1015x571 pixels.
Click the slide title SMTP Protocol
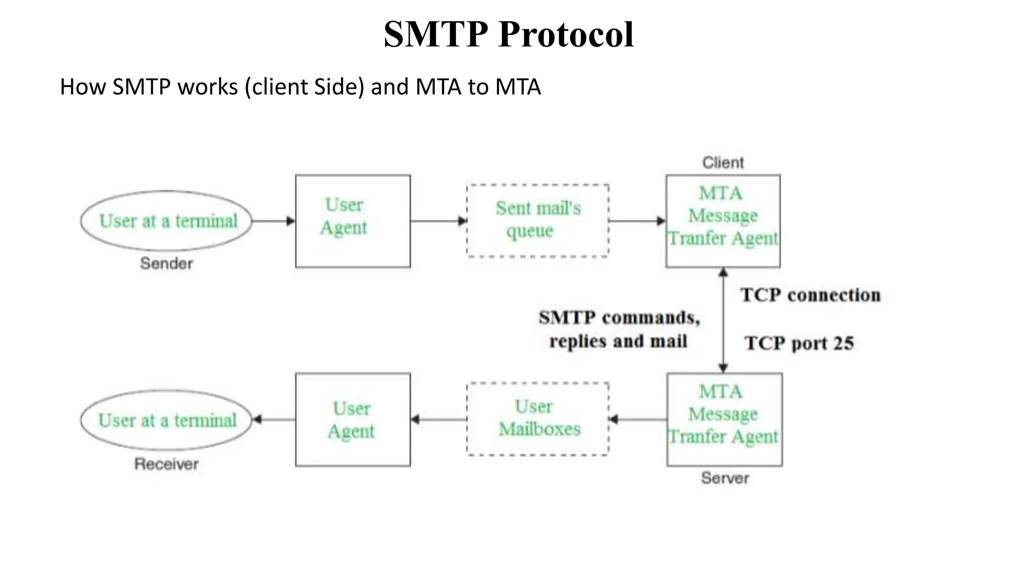pyautogui.click(x=508, y=35)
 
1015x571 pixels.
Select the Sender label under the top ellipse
pyautogui.click(x=166, y=263)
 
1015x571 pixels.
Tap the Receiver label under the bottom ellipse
pyautogui.click(x=166, y=464)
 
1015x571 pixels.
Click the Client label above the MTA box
pyautogui.click(x=723, y=163)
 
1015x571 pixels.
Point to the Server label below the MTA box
pyautogui.click(x=725, y=478)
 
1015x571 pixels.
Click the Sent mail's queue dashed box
pyautogui.click(x=538, y=221)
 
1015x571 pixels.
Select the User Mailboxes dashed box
pyautogui.click(x=538, y=419)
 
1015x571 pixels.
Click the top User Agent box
pyautogui.click(x=352, y=221)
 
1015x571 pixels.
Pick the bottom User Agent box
pyautogui.click(x=352, y=419)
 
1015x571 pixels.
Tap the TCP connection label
pyautogui.click(x=810, y=295)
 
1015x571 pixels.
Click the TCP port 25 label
pyautogui.click(x=799, y=343)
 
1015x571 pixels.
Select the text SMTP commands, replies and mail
pyautogui.click(x=619, y=329)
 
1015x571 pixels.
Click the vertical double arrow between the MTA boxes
pyautogui.click(x=723, y=320)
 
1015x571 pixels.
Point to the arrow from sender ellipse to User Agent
pyautogui.click(x=273, y=221)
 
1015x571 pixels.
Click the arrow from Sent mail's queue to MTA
pyautogui.click(x=637, y=221)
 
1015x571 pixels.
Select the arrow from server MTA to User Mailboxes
pyautogui.click(x=638, y=419)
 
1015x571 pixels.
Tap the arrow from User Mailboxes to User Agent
pyautogui.click(x=439, y=419)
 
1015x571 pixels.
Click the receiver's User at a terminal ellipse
pyautogui.click(x=167, y=420)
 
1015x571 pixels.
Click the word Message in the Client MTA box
pyautogui.click(x=723, y=216)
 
